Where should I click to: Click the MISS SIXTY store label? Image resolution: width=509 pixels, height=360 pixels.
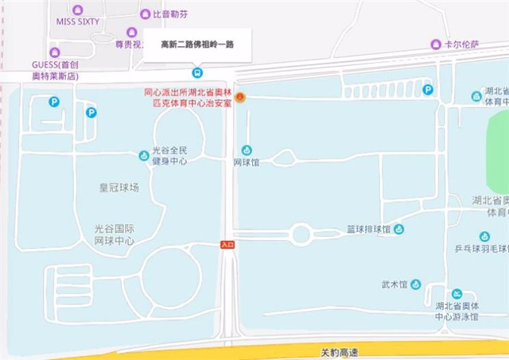(78, 21)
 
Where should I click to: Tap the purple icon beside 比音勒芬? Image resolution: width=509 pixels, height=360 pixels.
(145, 14)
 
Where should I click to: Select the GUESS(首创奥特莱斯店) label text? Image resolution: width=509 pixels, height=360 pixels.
(55, 70)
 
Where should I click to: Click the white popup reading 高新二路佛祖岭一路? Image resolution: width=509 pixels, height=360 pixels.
(196, 45)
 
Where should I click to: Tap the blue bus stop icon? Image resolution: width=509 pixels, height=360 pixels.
(197, 72)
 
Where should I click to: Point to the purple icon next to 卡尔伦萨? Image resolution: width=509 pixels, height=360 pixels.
(435, 45)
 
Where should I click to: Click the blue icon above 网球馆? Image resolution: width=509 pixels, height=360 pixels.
(247, 150)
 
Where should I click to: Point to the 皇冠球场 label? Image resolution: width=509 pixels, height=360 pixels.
(119, 188)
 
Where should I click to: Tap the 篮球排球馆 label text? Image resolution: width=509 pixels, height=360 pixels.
(368, 230)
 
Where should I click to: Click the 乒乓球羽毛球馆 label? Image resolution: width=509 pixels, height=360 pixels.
(482, 249)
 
